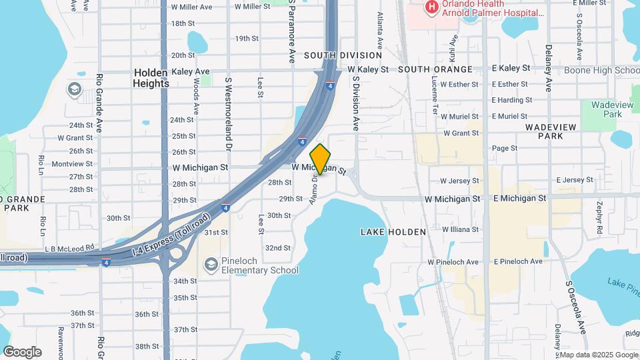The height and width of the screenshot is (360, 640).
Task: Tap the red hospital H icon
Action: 431,7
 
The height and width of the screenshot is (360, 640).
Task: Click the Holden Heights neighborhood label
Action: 151,77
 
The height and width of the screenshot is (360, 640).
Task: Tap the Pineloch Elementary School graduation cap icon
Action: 211,266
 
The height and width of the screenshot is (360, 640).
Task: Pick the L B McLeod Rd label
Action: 70,247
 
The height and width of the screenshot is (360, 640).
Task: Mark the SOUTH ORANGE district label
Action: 435,69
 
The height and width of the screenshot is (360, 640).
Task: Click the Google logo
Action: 23,352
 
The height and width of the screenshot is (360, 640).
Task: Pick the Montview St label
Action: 72,164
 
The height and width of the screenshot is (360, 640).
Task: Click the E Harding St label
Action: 511,101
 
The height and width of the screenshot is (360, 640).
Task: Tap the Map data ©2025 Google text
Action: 598,355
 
